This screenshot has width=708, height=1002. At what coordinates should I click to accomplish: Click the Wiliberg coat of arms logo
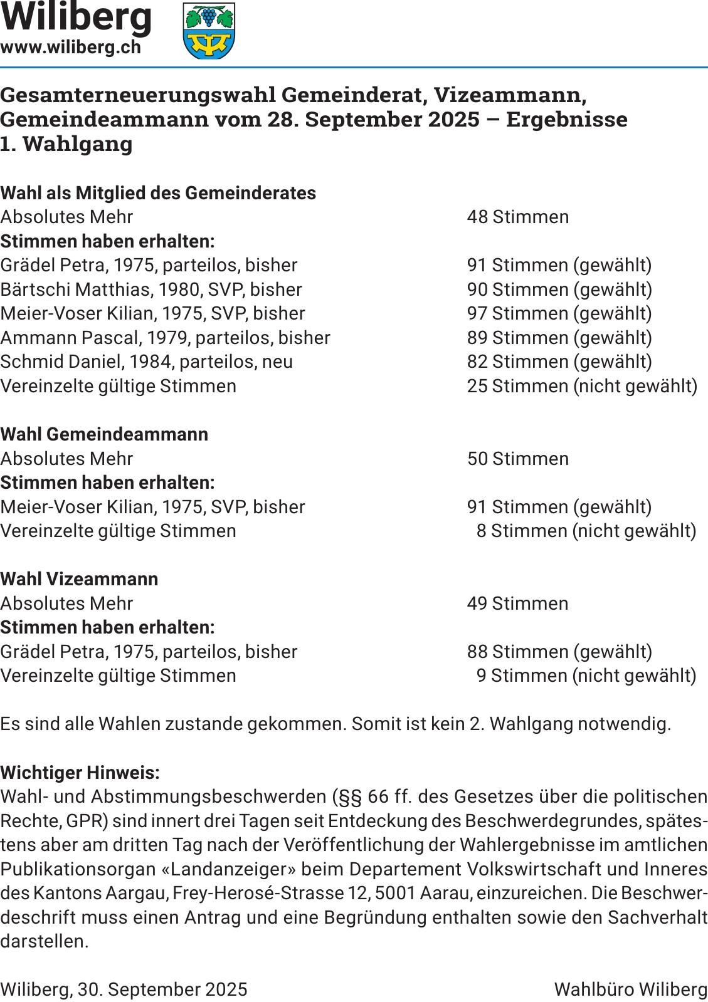(x=209, y=31)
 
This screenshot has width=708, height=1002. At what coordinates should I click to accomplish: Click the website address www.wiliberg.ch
(x=71, y=48)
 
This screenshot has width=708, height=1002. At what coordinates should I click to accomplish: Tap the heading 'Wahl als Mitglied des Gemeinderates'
(x=158, y=193)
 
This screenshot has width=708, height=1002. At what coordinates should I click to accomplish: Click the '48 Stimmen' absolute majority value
(x=518, y=217)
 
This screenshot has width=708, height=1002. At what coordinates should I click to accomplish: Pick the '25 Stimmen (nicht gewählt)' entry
(x=582, y=386)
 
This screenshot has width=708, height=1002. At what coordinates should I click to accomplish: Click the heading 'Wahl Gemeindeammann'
(x=104, y=434)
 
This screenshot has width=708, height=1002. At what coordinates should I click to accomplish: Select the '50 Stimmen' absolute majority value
(x=518, y=459)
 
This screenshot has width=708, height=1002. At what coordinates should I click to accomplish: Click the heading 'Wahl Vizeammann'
(x=79, y=579)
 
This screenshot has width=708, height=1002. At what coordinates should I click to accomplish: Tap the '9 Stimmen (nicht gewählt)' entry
(x=586, y=676)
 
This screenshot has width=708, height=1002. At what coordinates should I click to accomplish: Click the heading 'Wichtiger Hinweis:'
(x=80, y=773)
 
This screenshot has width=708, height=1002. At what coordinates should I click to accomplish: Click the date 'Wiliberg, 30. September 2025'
(x=124, y=989)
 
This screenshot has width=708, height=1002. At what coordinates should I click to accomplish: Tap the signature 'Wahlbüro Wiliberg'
(x=630, y=989)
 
